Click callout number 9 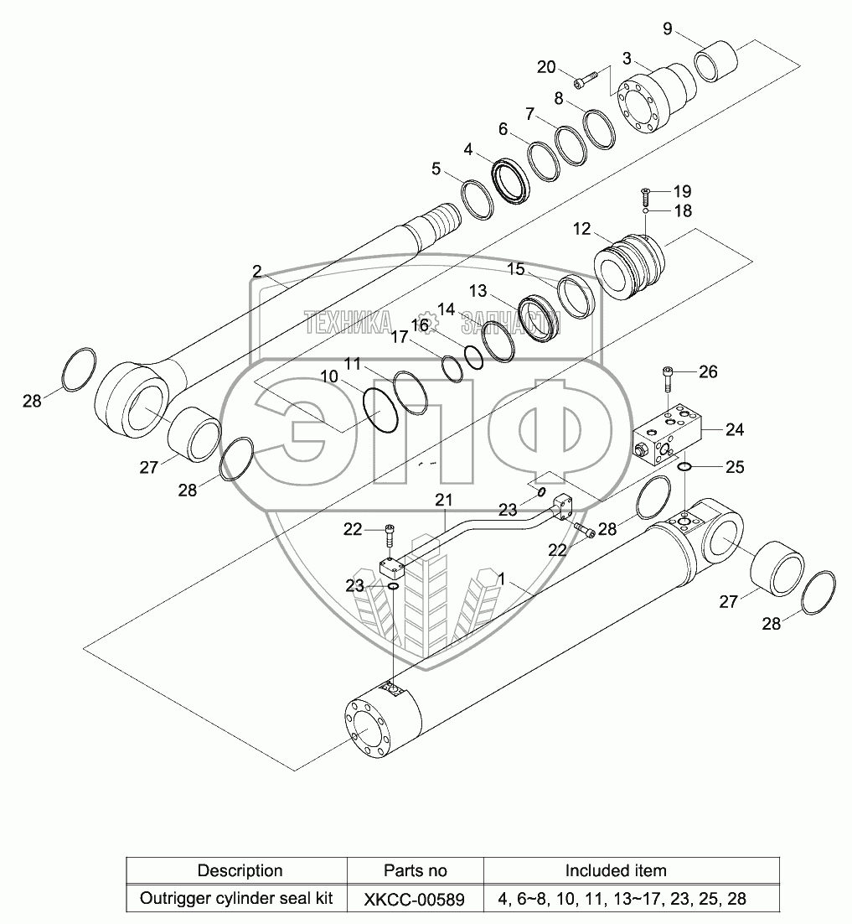pyautogui.click(x=668, y=29)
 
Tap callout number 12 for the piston pyautogui.click(x=581, y=228)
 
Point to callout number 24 pyautogui.click(x=735, y=430)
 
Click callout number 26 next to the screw pyautogui.click(x=708, y=371)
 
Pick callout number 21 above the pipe pyautogui.click(x=443, y=501)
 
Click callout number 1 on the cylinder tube pyautogui.click(x=502, y=579)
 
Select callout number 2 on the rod pyautogui.click(x=257, y=271)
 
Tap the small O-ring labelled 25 pyautogui.click(x=684, y=467)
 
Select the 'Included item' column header pyautogui.click(x=616, y=870)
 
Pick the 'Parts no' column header pyautogui.click(x=415, y=870)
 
